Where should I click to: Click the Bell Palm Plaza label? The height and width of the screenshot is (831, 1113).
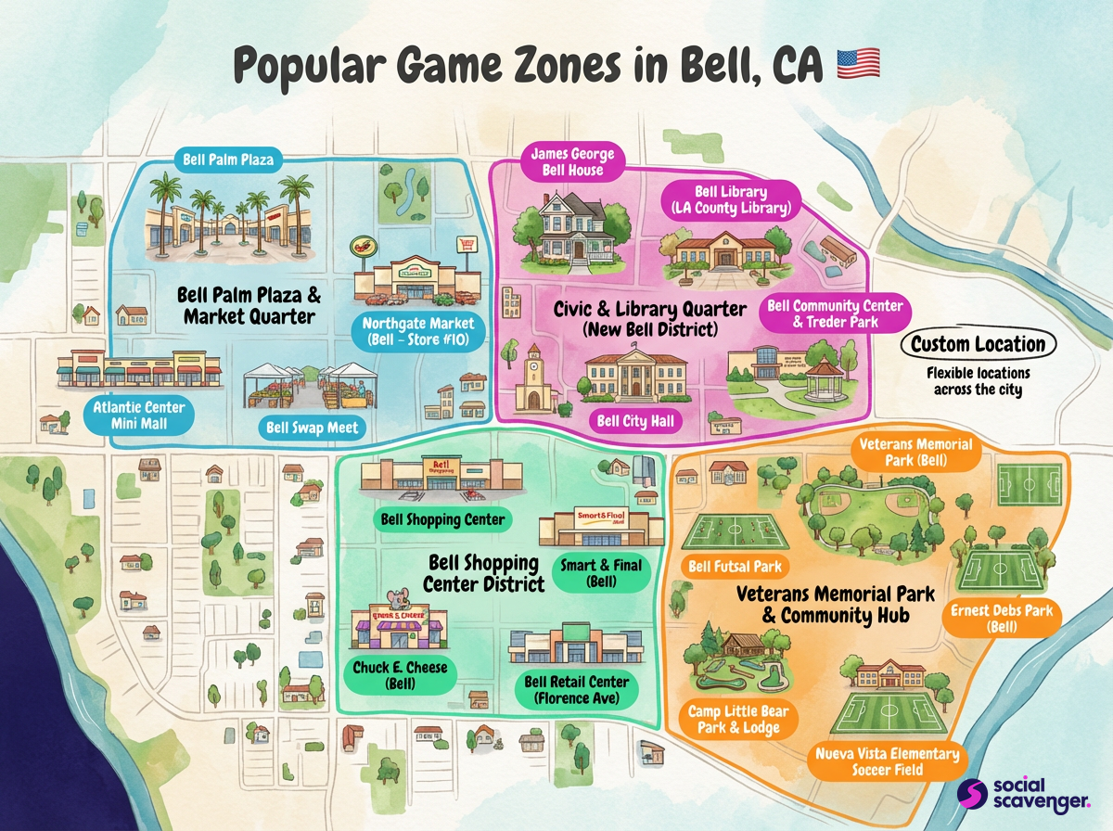[x=228, y=160]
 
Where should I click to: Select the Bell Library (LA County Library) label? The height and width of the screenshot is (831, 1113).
[x=731, y=200]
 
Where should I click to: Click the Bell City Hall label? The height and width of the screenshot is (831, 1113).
[x=635, y=422]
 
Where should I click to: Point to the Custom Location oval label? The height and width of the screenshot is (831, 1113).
[x=978, y=344]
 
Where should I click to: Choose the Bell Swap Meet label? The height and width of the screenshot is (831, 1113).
[x=312, y=428]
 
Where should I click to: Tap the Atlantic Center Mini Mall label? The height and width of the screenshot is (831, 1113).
[x=138, y=415]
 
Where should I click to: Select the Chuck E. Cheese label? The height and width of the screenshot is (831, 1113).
[x=400, y=675]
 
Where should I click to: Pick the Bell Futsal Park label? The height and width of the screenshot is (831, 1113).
[x=735, y=565]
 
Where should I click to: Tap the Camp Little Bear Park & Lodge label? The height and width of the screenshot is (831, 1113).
[x=733, y=720]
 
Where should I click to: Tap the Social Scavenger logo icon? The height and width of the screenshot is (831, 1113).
[x=970, y=794]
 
